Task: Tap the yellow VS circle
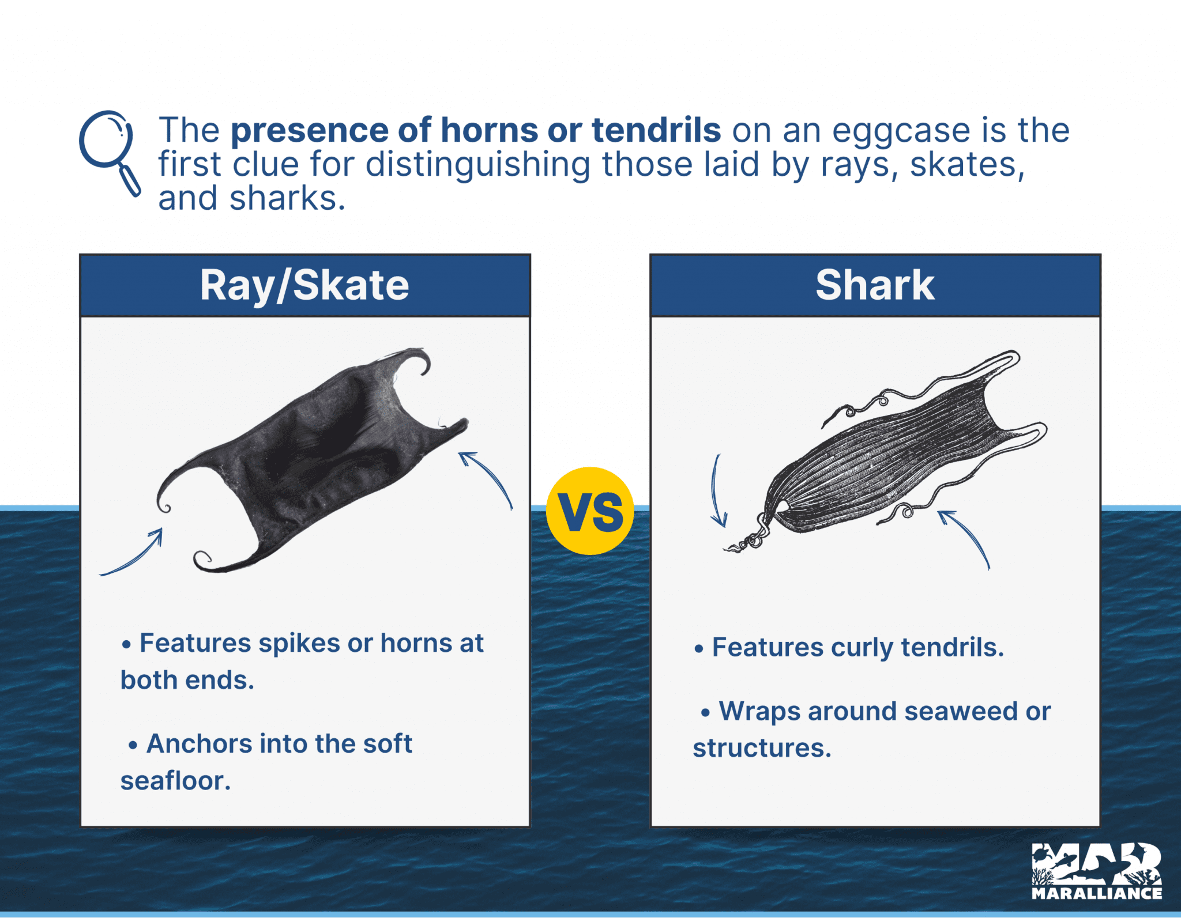coord(590,511)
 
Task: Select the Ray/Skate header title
coord(304,285)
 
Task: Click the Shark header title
coord(875,285)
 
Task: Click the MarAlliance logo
coord(1096,871)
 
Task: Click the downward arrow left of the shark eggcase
coord(717,493)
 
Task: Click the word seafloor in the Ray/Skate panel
coord(175,781)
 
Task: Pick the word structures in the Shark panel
coord(762,749)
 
